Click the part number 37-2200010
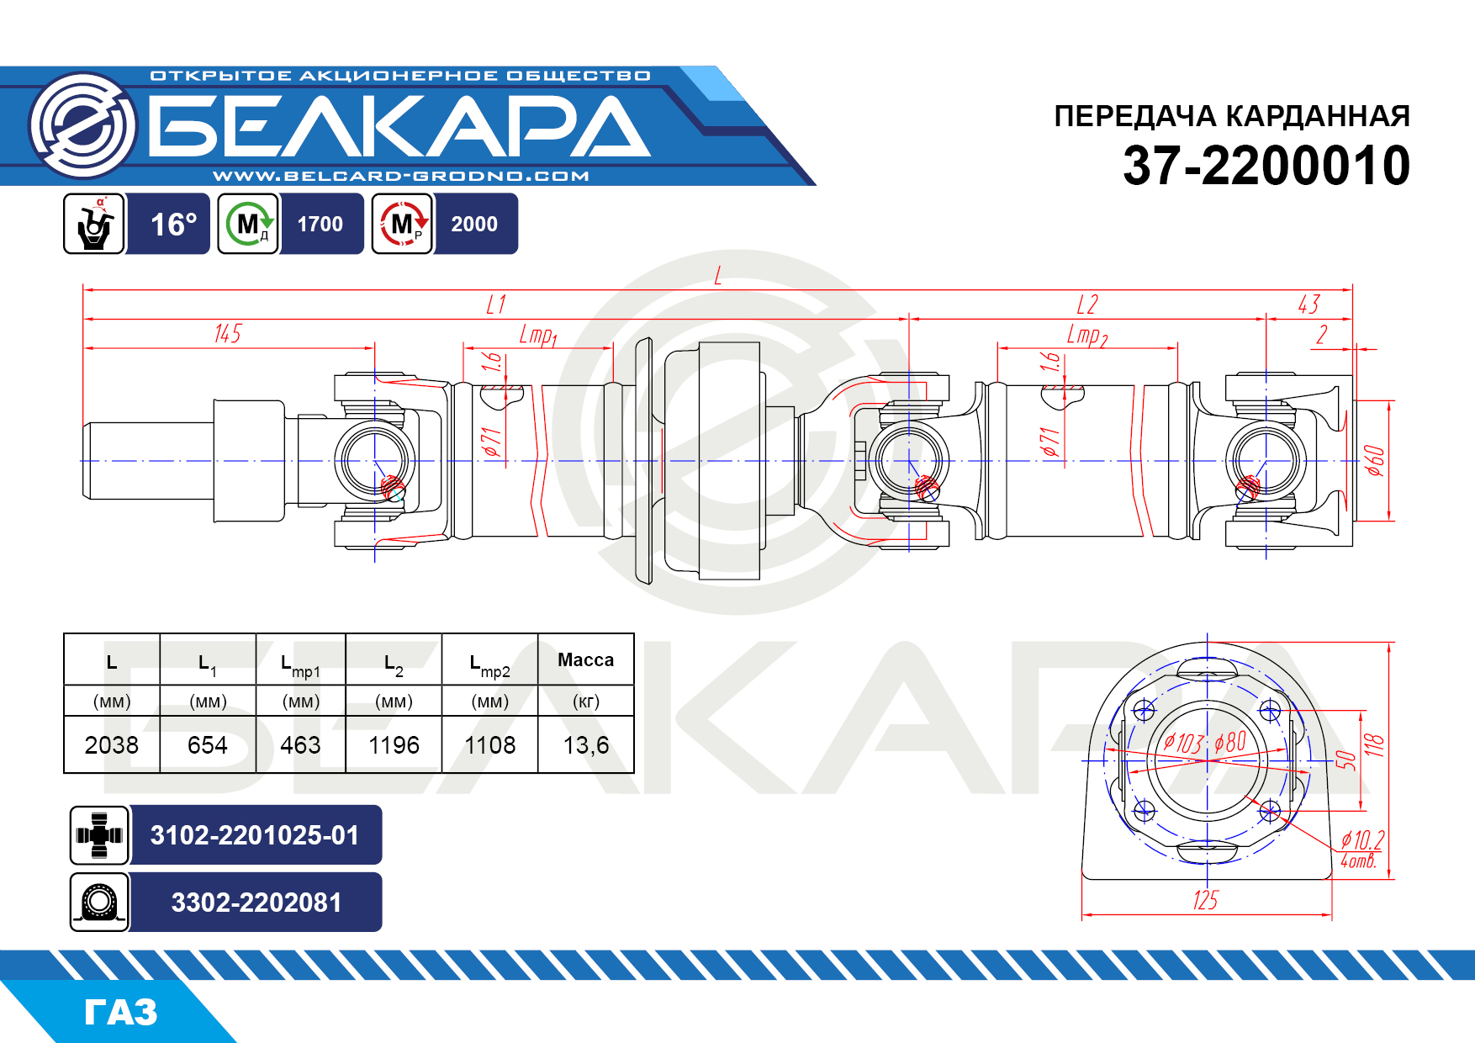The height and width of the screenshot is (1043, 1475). (x=1266, y=166)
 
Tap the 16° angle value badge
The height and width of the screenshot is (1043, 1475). (x=173, y=225)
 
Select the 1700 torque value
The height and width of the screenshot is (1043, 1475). (x=320, y=225)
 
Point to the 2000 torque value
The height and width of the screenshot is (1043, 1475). (x=474, y=225)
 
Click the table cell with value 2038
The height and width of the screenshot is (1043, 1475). (x=112, y=744)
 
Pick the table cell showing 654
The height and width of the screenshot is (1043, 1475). (x=208, y=744)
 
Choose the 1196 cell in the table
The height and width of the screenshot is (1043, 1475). (x=394, y=744)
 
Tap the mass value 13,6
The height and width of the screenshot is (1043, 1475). (x=586, y=744)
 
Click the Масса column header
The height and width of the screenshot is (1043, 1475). (x=586, y=660)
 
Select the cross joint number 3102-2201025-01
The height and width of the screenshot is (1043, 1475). (x=255, y=835)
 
